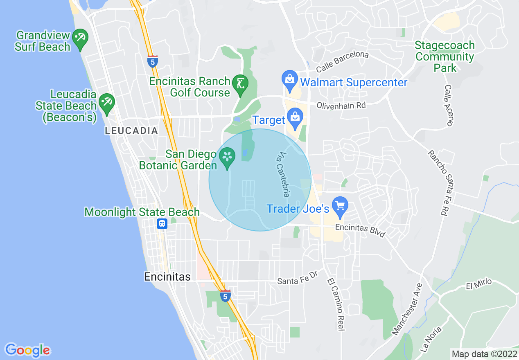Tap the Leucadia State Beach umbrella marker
point(107,101)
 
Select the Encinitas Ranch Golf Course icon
point(239,84)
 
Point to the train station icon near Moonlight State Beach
point(162,224)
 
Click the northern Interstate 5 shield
point(153,61)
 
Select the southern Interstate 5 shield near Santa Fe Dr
point(225,296)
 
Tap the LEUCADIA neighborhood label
point(131,131)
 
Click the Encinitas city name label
point(167,277)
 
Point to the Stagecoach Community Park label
point(445,56)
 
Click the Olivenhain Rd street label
point(341,106)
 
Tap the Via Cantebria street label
point(283,175)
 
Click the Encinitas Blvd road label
point(360,230)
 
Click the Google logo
point(27,350)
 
